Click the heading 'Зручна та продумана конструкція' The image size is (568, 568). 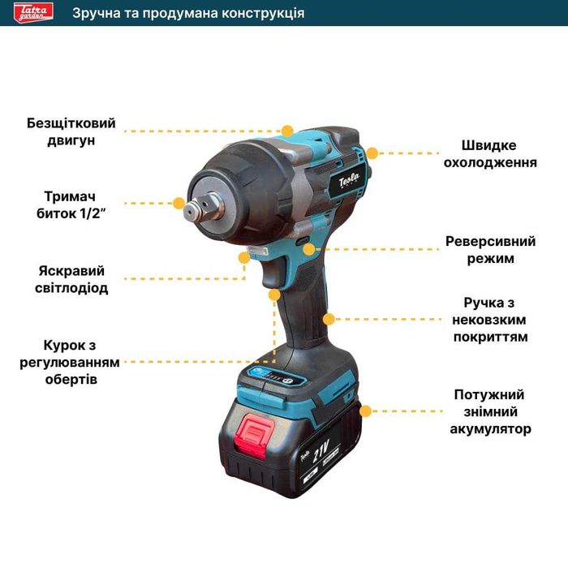[x=188, y=13]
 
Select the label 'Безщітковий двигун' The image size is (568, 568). [x=71, y=131]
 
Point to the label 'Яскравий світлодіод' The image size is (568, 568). [x=72, y=279]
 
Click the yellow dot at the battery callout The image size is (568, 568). [x=365, y=411]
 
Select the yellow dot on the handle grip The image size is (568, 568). [x=329, y=318]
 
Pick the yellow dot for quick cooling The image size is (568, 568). [x=372, y=152]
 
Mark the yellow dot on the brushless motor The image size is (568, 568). [x=286, y=130]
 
